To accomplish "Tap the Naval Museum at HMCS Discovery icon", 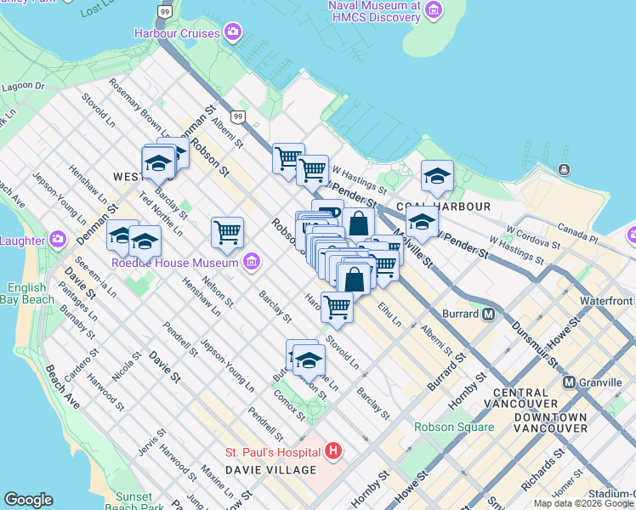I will [x=434, y=10].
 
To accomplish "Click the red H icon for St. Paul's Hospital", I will [x=333, y=450].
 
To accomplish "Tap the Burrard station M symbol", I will [x=489, y=314].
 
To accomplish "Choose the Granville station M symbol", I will [x=570, y=382].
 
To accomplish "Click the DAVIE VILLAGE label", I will [x=271, y=470].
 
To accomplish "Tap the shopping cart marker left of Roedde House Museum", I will [x=227, y=232].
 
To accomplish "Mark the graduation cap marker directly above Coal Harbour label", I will [x=437, y=176].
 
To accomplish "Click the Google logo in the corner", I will [x=28, y=500].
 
